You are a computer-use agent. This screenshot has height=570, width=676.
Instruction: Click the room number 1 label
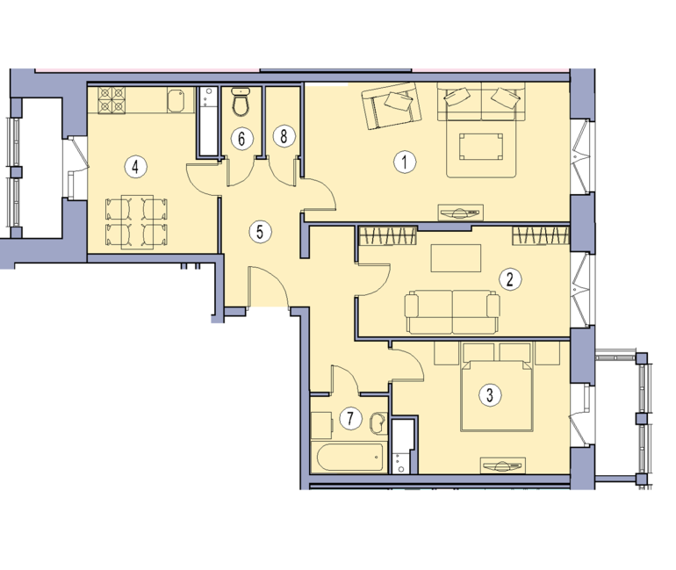point(405,162)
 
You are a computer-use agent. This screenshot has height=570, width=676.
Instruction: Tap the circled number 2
point(510,279)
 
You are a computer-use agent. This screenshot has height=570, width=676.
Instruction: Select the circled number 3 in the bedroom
point(490,395)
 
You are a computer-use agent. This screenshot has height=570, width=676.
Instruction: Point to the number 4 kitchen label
point(136,167)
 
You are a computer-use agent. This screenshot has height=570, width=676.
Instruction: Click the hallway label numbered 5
point(260,232)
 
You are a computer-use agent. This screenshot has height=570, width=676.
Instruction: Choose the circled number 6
point(241,139)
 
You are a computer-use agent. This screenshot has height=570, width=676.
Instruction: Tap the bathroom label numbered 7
point(350,419)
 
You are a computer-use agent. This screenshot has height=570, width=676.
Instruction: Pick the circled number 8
point(284,137)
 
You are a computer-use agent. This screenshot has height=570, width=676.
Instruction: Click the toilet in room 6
point(241,102)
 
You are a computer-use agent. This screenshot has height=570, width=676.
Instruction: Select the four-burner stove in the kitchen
point(111,100)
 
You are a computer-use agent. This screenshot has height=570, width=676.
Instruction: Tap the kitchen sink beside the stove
point(176,101)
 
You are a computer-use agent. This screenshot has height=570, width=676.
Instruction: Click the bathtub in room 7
point(349,458)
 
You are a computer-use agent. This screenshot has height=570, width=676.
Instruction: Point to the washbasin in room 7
point(378,423)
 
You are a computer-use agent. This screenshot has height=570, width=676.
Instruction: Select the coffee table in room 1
point(481,147)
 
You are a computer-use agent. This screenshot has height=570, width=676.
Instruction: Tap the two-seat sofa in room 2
point(452,313)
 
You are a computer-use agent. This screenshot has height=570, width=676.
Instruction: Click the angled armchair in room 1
point(391,105)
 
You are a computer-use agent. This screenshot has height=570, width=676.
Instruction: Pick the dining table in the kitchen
point(138,222)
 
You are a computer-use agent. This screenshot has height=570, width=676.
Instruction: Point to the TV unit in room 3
point(503,465)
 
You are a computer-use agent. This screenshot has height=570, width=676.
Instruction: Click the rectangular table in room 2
point(456,258)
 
